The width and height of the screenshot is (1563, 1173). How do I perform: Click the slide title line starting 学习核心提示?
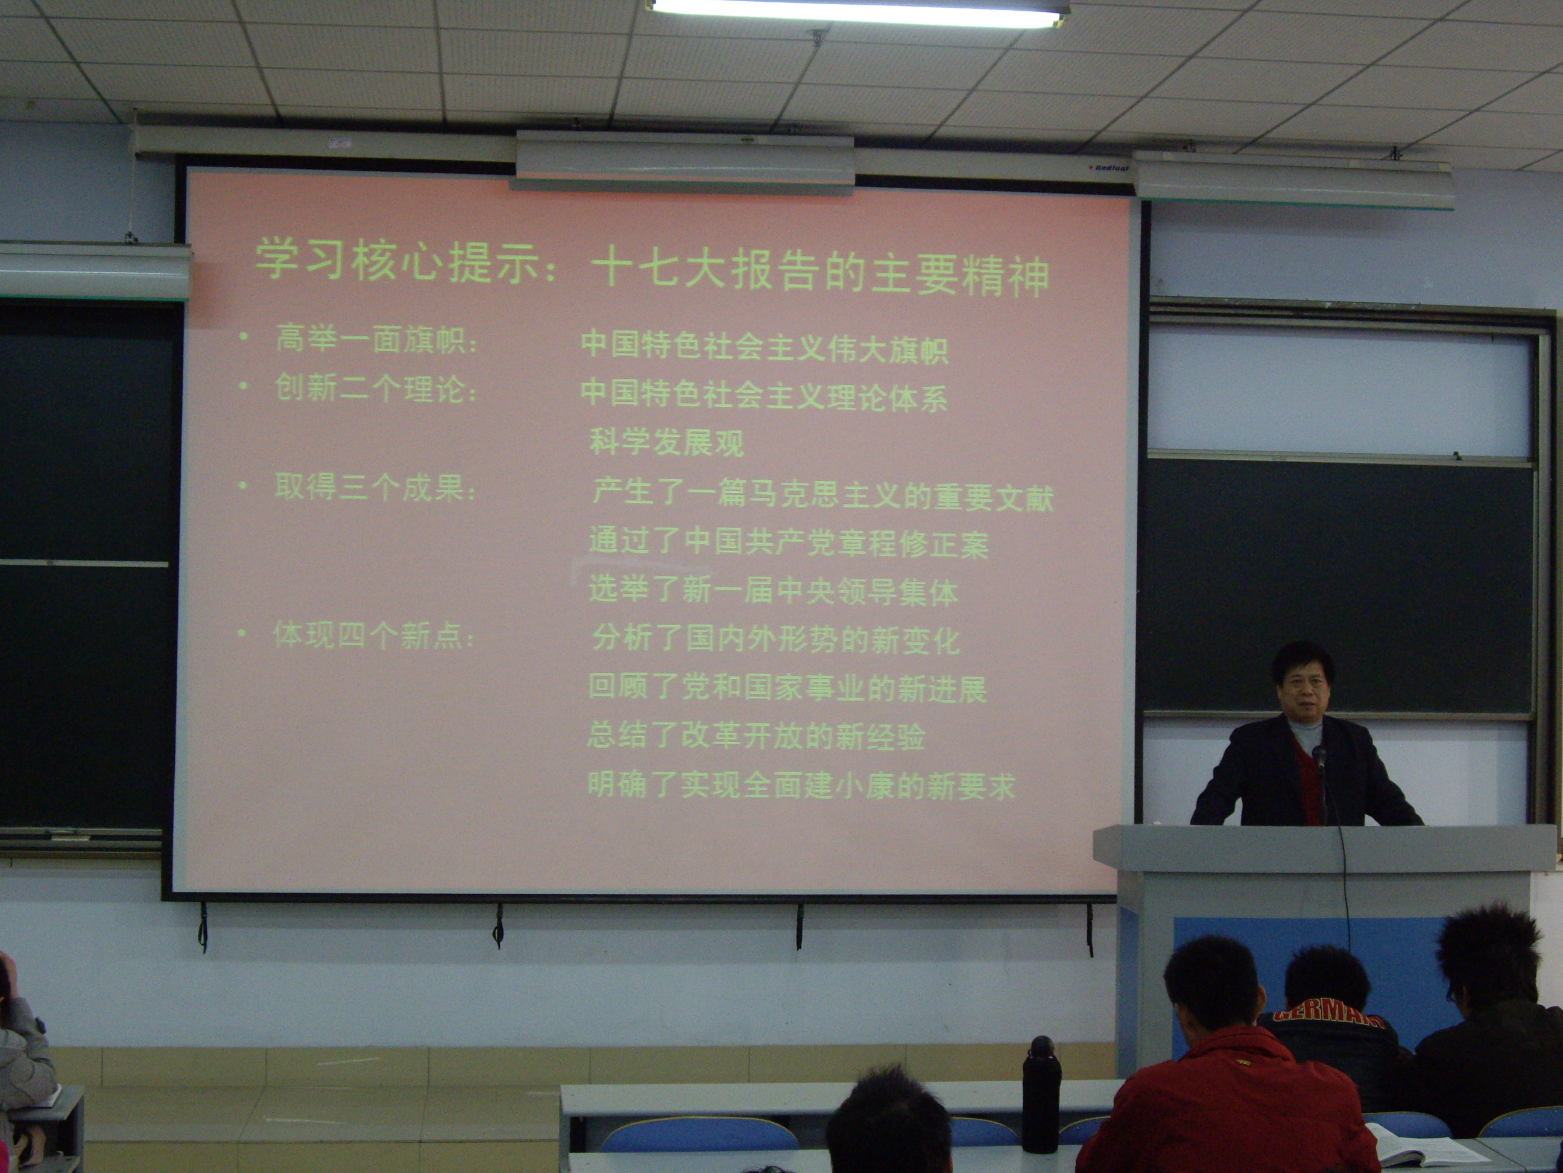click(651, 267)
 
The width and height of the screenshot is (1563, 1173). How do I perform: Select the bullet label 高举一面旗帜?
click(376, 339)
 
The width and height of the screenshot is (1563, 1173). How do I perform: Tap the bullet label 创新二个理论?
click(376, 388)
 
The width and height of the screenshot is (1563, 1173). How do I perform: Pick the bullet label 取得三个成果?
click(374, 487)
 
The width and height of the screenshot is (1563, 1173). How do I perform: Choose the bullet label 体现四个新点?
click(373, 635)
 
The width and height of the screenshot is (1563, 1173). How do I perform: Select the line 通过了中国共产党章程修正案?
click(789, 542)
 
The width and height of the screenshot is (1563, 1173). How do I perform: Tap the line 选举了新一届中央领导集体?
click(773, 591)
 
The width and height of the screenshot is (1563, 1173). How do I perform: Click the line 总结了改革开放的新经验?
click(756, 736)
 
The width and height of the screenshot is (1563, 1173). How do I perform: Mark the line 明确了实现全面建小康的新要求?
click(801, 785)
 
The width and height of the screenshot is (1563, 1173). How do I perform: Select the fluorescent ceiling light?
click(858, 12)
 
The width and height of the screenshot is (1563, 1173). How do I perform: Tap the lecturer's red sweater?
click(1309, 785)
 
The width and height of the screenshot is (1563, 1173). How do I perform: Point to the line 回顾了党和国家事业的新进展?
click(787, 688)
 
